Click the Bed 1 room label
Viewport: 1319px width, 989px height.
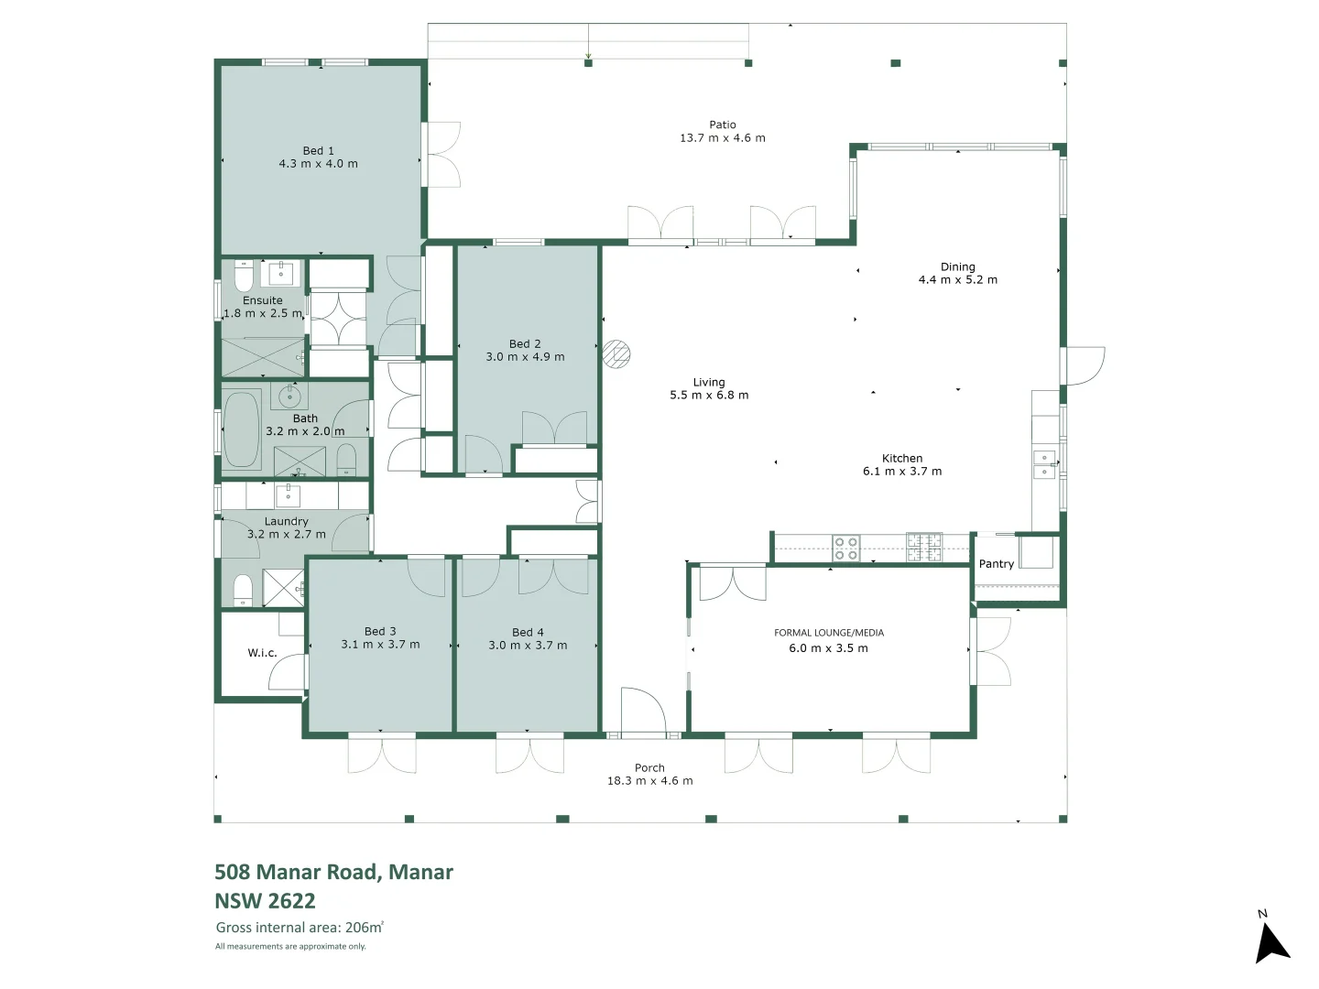click(318, 151)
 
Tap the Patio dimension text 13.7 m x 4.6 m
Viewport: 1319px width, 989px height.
click(722, 138)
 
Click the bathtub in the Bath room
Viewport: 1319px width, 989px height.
click(242, 429)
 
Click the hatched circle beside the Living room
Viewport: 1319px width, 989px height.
click(617, 354)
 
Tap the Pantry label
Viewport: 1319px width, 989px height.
click(996, 564)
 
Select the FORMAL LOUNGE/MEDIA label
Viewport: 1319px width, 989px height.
click(829, 633)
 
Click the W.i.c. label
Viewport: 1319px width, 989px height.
click(262, 653)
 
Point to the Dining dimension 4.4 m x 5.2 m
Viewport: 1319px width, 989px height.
click(957, 280)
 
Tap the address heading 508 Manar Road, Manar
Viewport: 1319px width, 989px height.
click(333, 872)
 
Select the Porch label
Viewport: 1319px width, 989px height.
click(649, 768)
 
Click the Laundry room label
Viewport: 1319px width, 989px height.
click(286, 521)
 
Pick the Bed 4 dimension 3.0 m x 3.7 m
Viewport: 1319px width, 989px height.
click(528, 646)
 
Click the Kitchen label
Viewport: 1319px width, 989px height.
click(902, 458)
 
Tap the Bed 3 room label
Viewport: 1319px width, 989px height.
click(380, 631)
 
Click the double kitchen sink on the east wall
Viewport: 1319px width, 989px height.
click(1043, 465)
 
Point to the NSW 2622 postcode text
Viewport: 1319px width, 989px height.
click(265, 900)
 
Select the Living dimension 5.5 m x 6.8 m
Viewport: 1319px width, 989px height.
click(708, 396)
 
